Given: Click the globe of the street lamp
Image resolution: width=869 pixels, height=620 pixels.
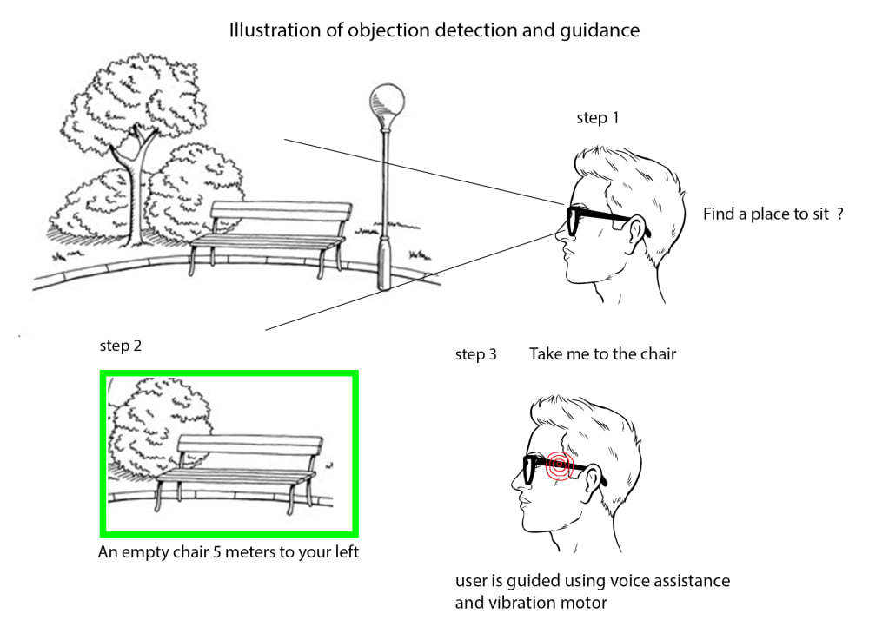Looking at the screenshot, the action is [382, 97].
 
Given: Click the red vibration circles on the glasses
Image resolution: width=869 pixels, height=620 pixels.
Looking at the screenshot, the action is [557, 466].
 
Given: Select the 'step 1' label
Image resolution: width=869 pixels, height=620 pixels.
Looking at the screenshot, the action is [598, 118].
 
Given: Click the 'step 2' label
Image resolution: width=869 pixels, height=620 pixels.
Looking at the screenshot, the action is [121, 346].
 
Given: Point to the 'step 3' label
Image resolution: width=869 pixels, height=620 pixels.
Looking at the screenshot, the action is [476, 354].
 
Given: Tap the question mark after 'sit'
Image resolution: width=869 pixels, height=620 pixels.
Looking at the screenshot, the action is [840, 214].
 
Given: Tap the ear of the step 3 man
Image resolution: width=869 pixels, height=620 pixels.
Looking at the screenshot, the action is [594, 477].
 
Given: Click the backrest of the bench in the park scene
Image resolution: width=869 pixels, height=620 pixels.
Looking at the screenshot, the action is [281, 212].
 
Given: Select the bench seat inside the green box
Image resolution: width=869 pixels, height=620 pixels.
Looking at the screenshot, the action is [235, 475].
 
